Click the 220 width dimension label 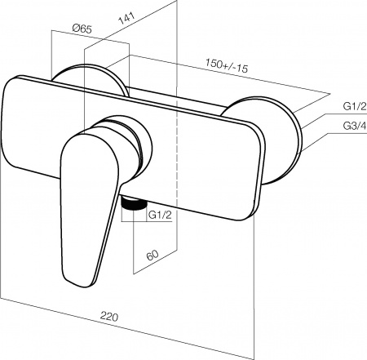(109, 317)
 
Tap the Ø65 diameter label (82, 29)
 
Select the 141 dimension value (126, 18)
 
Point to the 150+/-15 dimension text (227, 65)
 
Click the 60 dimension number (153, 255)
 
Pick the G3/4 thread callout (355, 126)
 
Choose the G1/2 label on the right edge (355, 106)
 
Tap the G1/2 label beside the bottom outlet (160, 215)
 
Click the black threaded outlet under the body (134, 203)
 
